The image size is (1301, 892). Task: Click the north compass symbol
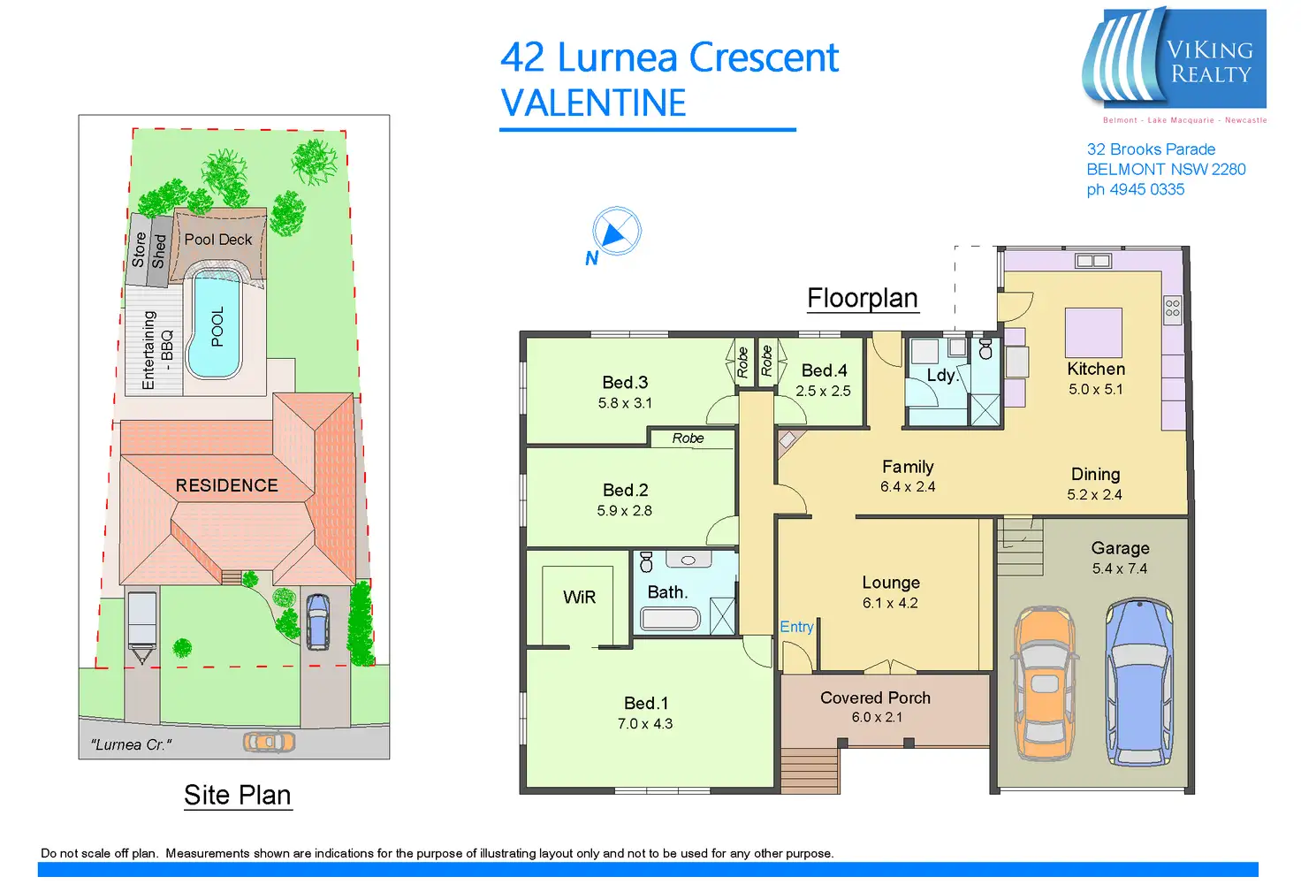click(616, 232)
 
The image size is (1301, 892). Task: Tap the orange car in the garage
click(1045, 682)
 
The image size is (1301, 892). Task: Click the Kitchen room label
click(1096, 369)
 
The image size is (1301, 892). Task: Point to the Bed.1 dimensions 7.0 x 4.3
click(645, 724)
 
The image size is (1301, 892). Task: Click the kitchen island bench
click(1093, 332)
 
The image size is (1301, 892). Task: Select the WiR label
click(579, 598)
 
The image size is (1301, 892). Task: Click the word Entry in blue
click(796, 627)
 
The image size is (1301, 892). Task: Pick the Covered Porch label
click(875, 698)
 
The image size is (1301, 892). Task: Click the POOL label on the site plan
click(217, 326)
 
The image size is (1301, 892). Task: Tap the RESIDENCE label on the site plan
click(226, 485)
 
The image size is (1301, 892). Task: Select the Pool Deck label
click(218, 240)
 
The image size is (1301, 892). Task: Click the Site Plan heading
click(237, 795)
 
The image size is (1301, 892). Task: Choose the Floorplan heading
click(863, 298)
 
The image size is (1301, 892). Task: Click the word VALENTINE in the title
click(593, 103)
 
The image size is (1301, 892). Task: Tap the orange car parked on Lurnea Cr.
click(269, 742)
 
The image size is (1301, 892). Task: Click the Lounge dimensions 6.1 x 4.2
click(890, 603)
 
